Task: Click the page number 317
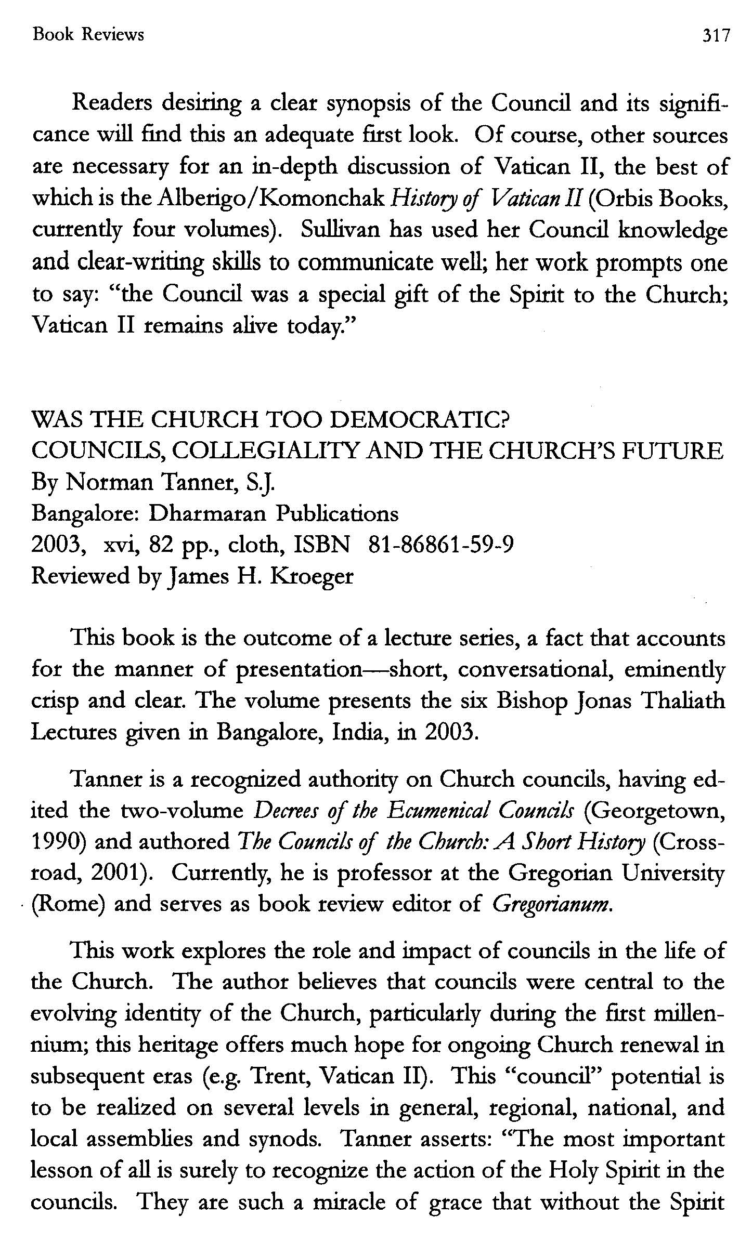click(x=716, y=35)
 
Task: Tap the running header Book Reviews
click(x=88, y=35)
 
